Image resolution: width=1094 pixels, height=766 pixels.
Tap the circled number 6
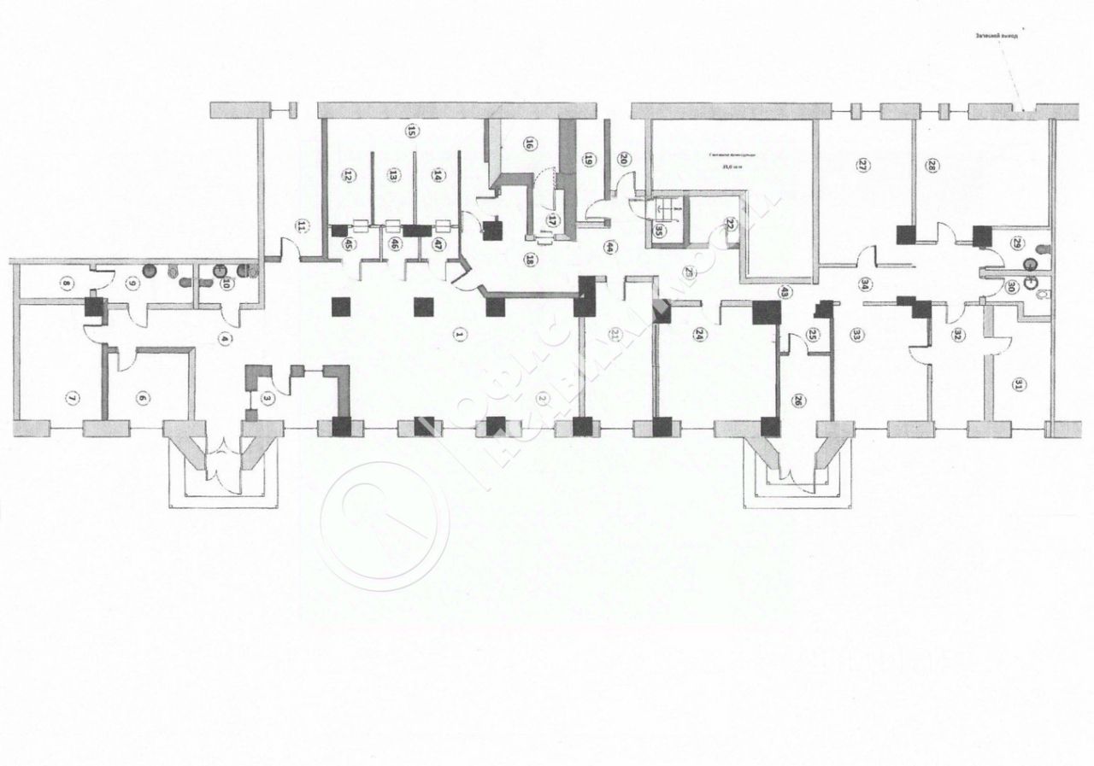click(x=143, y=397)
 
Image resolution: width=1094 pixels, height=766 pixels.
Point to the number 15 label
click(x=410, y=132)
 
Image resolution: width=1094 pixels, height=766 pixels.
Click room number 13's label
click(x=393, y=176)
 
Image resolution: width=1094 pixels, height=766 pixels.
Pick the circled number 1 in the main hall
click(x=459, y=336)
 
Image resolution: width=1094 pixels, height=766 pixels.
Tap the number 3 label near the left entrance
click(x=268, y=397)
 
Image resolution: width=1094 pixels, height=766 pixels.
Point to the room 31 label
click(x=1018, y=385)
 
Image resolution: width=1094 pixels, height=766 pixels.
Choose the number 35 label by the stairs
click(x=659, y=230)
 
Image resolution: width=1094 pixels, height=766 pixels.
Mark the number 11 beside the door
click(x=301, y=226)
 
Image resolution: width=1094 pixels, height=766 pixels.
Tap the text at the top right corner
click(x=997, y=38)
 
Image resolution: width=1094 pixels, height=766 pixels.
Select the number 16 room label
click(x=529, y=144)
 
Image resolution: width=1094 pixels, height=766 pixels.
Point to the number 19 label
click(x=589, y=158)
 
